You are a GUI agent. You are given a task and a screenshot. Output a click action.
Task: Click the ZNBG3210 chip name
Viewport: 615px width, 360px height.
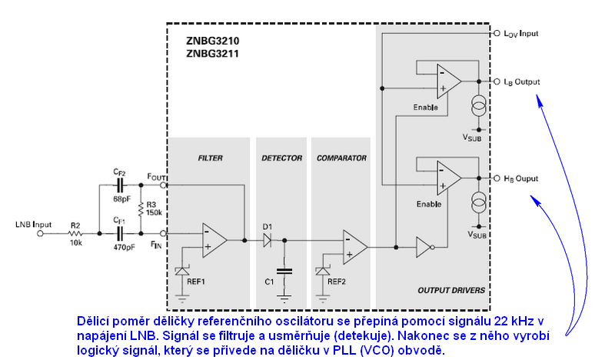coord(212,41)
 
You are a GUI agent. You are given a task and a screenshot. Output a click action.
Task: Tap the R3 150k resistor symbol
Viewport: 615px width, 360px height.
coord(141,208)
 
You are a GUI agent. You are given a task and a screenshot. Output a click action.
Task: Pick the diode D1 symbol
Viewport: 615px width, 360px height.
coord(268,240)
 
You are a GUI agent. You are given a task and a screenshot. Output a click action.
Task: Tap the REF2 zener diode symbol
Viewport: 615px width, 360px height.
coord(324,271)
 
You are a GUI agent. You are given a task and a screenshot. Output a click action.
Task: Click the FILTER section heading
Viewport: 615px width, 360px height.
coord(210,158)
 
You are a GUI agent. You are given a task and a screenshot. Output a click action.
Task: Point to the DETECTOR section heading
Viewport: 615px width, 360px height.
coord(281,158)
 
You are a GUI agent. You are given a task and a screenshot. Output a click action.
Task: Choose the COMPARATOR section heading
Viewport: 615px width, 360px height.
coord(341,158)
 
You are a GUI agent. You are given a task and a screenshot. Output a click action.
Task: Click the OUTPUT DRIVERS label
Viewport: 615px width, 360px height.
coord(451,291)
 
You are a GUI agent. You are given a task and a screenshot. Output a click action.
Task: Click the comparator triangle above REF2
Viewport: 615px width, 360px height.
coord(354,247)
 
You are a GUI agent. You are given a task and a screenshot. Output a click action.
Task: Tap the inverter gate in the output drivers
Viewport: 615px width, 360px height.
coord(424,247)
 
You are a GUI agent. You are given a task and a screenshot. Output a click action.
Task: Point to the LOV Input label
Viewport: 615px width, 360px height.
coord(527,35)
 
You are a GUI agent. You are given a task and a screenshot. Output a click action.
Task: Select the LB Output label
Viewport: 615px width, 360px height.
coord(522,82)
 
